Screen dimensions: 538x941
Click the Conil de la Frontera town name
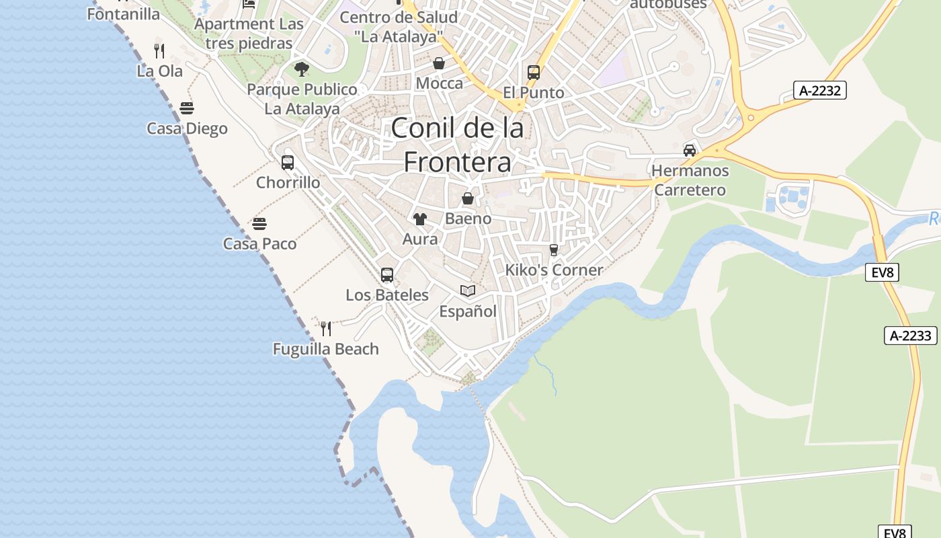(x=457, y=145)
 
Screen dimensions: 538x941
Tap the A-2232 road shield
(x=819, y=90)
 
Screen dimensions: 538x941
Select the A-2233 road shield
(x=910, y=336)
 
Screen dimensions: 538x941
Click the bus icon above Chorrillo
(x=288, y=163)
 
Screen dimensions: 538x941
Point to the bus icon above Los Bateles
(x=387, y=275)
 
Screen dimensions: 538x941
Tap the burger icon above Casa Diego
(x=187, y=108)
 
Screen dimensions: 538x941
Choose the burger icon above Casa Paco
(x=259, y=224)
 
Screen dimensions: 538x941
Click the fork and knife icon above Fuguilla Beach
(x=326, y=328)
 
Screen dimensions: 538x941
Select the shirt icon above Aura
(x=420, y=219)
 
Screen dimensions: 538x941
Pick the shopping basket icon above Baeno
(x=468, y=198)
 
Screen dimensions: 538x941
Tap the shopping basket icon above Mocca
(x=439, y=63)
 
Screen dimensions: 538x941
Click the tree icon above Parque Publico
(x=302, y=69)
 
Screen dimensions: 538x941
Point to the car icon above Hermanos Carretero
(x=690, y=151)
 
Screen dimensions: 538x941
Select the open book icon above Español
(x=468, y=291)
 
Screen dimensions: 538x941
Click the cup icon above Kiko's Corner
(x=554, y=250)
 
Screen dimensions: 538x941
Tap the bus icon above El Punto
(x=534, y=72)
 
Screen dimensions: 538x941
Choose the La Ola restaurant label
(x=159, y=71)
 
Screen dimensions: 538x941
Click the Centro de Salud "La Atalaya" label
(x=399, y=27)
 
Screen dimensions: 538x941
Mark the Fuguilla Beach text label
(x=326, y=349)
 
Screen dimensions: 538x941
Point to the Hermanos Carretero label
(x=690, y=180)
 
